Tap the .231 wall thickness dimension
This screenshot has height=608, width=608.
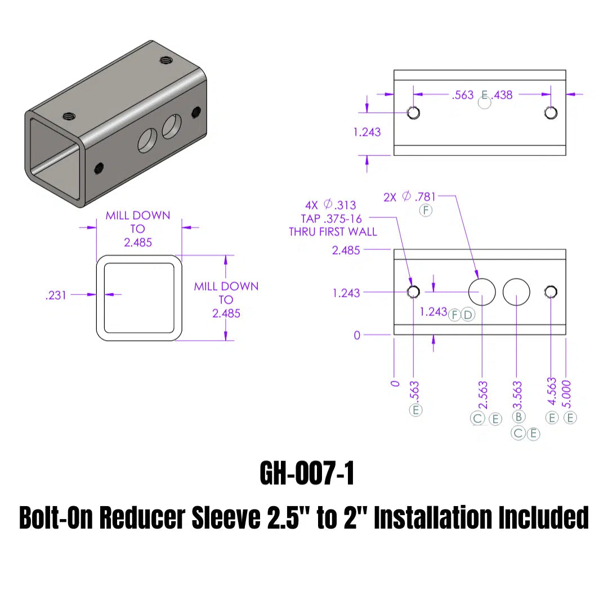tap(56, 294)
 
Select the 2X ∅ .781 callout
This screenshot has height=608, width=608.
tap(409, 197)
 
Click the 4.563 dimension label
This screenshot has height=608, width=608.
tap(552, 391)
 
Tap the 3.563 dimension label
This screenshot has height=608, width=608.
tap(517, 395)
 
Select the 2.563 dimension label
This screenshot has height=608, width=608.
tap(483, 395)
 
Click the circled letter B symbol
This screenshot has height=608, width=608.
tap(519, 417)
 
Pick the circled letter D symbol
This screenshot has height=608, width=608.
tap(468, 314)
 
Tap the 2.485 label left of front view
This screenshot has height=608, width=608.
tap(346, 250)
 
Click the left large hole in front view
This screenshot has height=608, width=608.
tap(482, 291)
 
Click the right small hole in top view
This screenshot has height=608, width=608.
tap(551, 113)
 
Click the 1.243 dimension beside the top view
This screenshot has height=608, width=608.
tap(367, 132)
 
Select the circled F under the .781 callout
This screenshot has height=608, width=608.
tap(426, 211)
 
